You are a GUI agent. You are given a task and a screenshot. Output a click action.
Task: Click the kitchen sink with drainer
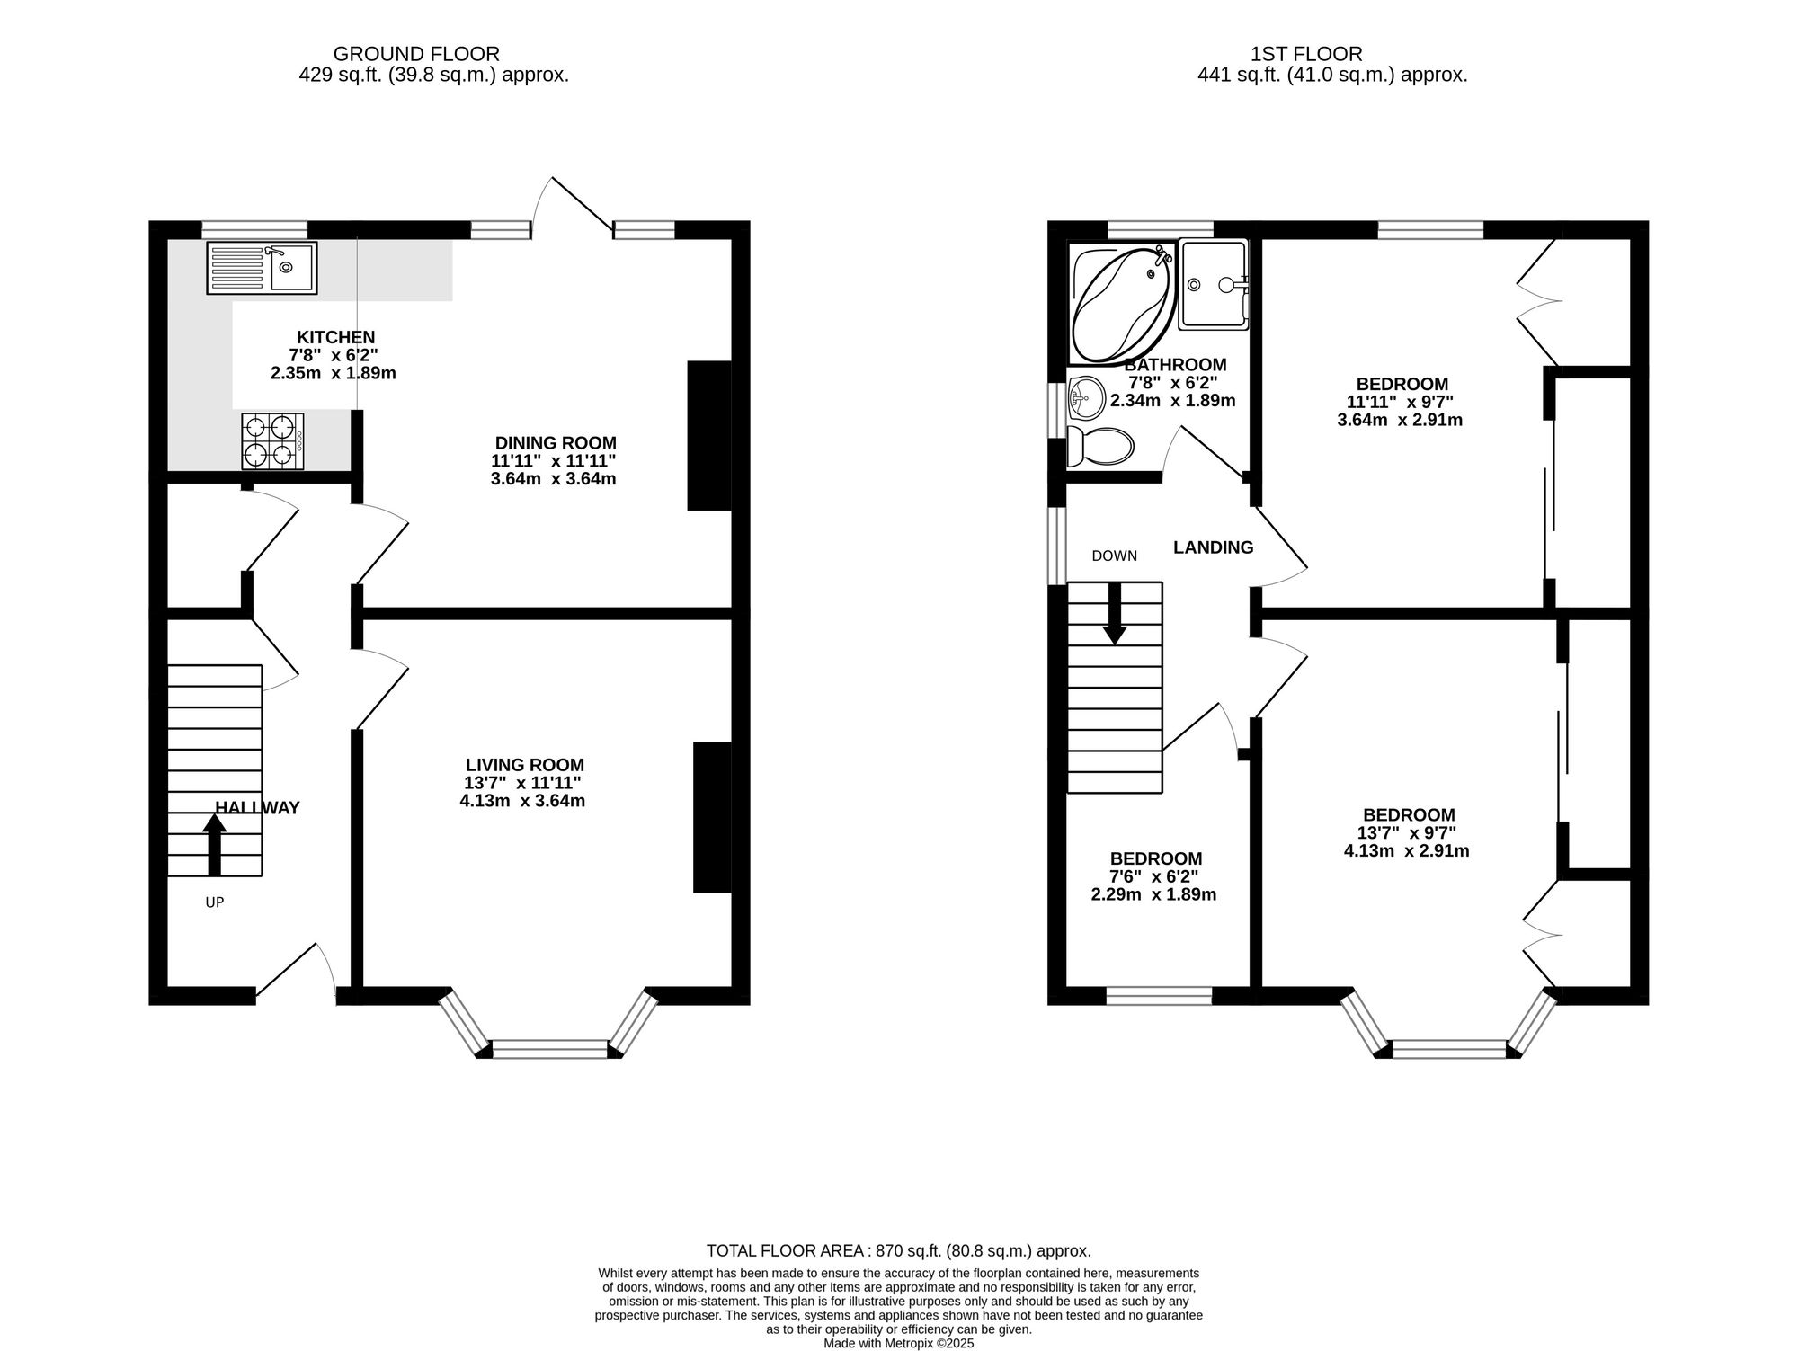point(262,268)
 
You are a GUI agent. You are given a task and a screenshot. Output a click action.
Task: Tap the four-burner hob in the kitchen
point(272,441)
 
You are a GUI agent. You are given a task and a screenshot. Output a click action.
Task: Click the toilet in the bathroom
point(1099,446)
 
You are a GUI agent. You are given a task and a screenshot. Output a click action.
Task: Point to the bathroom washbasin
point(1087,398)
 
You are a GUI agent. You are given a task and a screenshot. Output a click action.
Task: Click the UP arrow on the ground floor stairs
point(214,844)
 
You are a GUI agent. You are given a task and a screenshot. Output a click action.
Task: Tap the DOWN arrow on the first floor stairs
point(1115,614)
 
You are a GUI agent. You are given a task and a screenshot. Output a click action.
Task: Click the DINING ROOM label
point(556,443)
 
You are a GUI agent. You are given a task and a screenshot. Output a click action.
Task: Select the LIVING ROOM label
point(524,765)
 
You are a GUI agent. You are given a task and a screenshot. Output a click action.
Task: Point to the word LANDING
point(1213,547)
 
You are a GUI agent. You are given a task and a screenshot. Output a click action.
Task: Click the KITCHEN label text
point(336,337)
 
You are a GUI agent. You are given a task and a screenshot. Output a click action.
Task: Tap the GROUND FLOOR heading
point(416,54)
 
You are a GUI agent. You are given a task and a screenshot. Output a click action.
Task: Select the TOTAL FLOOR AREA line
point(899,1250)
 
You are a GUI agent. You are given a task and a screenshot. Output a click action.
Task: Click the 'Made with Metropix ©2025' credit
point(899,1344)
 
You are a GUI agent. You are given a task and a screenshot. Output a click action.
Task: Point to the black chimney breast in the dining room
point(709,436)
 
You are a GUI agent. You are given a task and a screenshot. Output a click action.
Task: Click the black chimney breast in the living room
point(712,817)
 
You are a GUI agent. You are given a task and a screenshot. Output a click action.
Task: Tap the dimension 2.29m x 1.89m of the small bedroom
point(1153,894)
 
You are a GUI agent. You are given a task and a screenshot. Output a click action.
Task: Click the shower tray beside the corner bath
point(1214,284)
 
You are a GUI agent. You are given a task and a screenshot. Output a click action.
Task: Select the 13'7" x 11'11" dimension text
point(522,783)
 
